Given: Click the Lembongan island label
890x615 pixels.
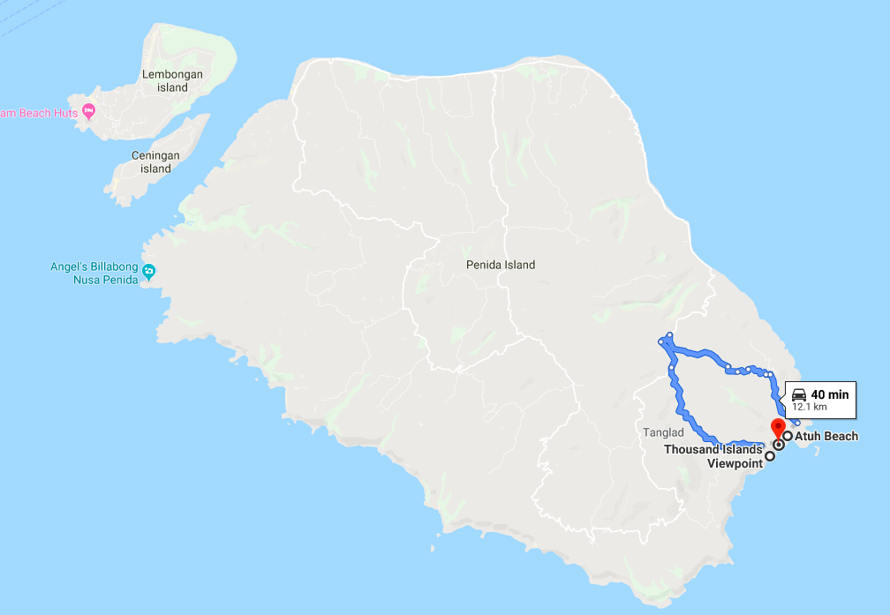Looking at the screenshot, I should click(x=172, y=81).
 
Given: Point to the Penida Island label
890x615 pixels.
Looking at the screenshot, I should click(x=501, y=265).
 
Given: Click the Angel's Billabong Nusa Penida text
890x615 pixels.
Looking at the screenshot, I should click(x=94, y=274).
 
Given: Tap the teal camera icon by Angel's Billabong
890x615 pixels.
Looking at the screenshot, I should click(x=148, y=270).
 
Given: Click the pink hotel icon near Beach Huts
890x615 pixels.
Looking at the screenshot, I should click(x=88, y=112).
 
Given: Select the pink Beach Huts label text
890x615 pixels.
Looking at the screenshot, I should click(x=39, y=113).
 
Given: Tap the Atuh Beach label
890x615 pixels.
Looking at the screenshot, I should click(x=826, y=436).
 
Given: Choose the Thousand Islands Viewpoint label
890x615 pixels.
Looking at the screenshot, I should click(x=713, y=455).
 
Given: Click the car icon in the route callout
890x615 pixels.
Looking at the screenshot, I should click(x=798, y=394).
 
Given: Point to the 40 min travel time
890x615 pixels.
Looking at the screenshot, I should click(x=830, y=394).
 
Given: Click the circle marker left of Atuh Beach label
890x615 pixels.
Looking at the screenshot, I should click(x=787, y=436).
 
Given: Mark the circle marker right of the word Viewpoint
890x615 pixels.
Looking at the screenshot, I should click(x=770, y=456).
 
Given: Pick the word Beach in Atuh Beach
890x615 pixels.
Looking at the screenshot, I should click(x=842, y=436).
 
